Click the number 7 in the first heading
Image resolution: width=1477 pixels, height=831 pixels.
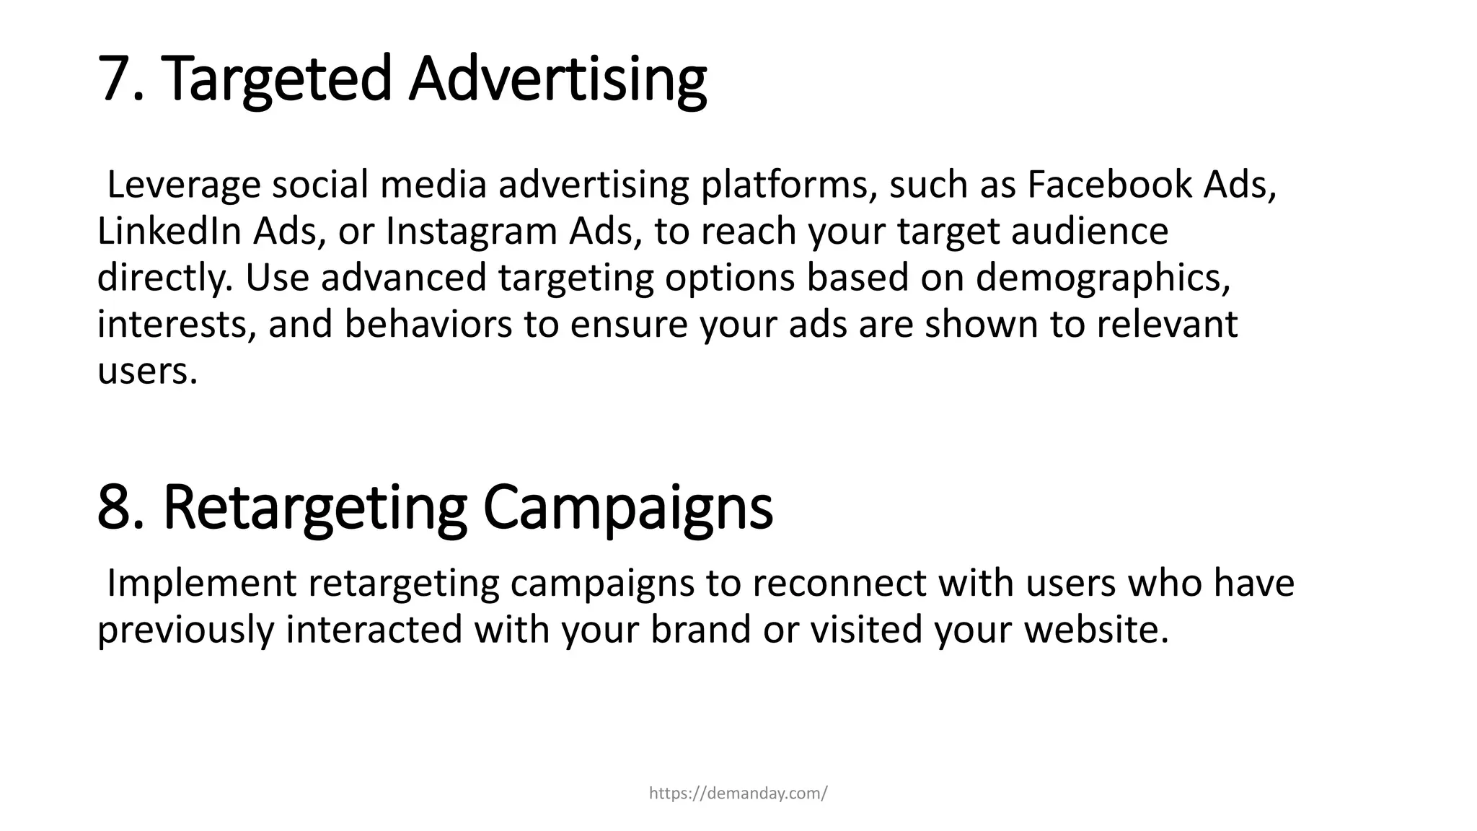pyautogui.click(x=115, y=79)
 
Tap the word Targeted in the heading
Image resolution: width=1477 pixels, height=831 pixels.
pyautogui.click(x=277, y=80)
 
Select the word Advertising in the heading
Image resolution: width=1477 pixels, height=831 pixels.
pyautogui.click(x=557, y=80)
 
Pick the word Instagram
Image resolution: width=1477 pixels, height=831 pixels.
pyautogui.click(x=472, y=233)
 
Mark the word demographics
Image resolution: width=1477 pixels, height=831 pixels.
pyautogui.click(x=1103, y=278)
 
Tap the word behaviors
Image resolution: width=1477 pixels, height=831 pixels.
pyautogui.click(x=428, y=325)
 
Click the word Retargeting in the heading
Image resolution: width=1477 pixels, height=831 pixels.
pyautogui.click(x=315, y=509)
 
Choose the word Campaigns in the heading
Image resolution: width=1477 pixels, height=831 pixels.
pyautogui.click(x=627, y=509)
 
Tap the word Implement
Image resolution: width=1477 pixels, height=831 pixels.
pyautogui.click(x=201, y=584)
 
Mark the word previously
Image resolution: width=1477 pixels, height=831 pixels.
pyautogui.click(x=186, y=630)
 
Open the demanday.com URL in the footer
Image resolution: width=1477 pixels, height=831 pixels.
pyautogui.click(x=738, y=794)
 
